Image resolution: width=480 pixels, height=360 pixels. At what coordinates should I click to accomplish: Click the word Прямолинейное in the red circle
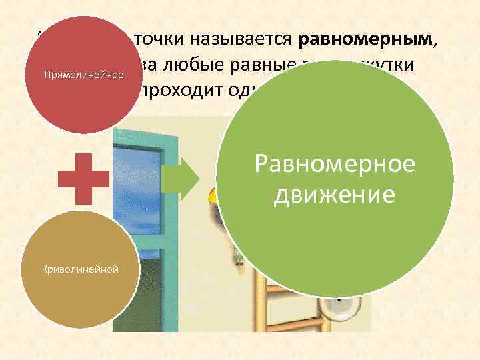84,73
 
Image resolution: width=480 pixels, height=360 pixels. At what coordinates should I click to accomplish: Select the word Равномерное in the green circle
335,163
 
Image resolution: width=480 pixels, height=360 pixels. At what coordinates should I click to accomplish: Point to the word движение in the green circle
335,195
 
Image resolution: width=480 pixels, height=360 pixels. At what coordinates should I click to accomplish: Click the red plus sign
83,177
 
